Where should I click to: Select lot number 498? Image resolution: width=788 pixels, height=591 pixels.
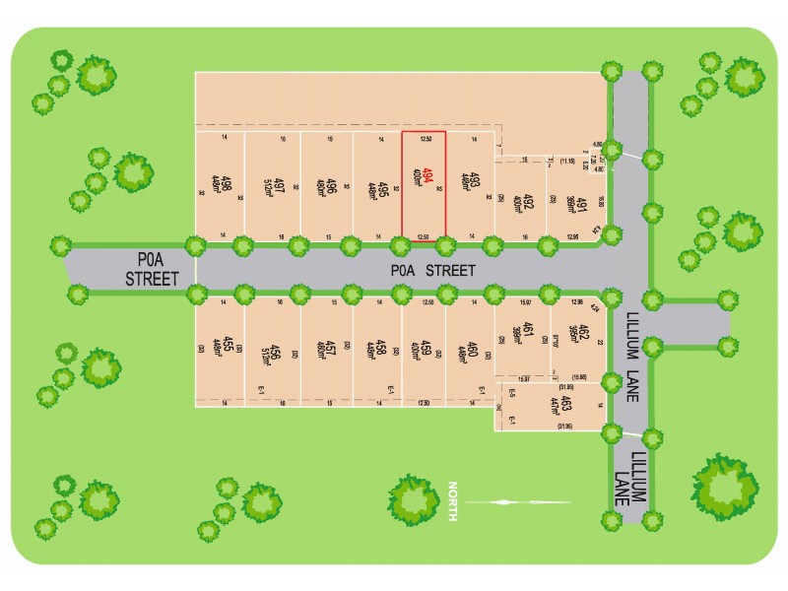tap(227, 183)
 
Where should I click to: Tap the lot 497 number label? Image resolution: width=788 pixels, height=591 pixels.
tap(280, 183)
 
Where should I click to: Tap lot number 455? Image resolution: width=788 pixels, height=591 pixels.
tap(228, 346)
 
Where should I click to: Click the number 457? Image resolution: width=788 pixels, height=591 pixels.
tap(332, 346)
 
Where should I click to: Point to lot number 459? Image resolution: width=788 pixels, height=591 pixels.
tap(427, 346)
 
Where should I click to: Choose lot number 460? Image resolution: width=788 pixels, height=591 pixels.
tap(473, 346)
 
